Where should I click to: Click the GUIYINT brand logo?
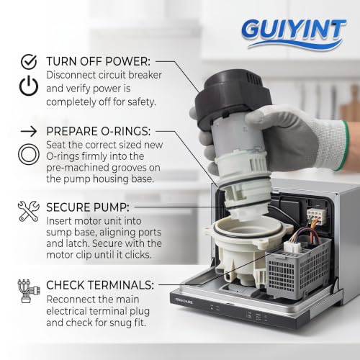[294, 34]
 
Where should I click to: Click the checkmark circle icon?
[29, 62]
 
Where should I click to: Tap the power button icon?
[29, 86]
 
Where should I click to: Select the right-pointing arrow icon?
[29, 131]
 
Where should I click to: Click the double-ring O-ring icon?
[29, 154]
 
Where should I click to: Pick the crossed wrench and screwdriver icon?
[29, 211]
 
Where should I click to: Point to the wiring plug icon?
[29, 291]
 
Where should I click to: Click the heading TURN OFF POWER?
[98, 61]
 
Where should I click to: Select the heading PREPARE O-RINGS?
[99, 131]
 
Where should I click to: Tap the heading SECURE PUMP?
[88, 207]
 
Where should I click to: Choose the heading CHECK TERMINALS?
[100, 285]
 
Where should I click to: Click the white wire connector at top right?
[317, 214]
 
